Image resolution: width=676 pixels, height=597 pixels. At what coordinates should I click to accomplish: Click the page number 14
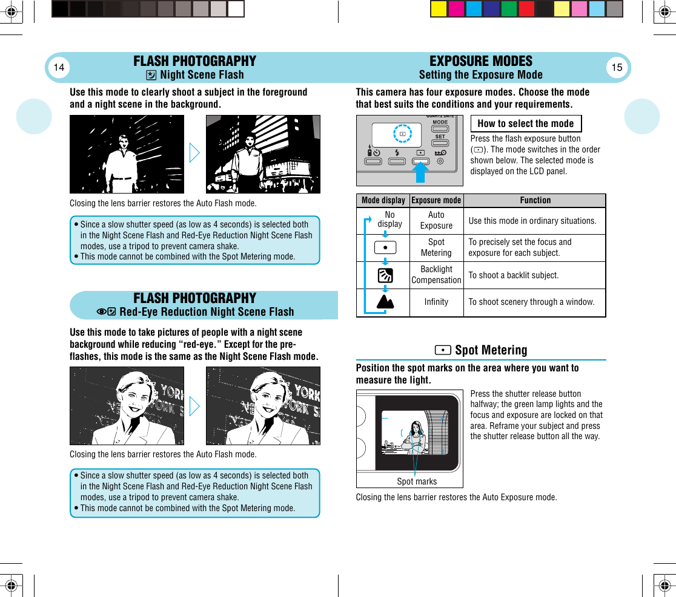[59, 67]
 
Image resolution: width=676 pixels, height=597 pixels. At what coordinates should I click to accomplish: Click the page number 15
[617, 67]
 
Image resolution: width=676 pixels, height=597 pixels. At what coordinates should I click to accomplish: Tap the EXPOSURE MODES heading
[480, 61]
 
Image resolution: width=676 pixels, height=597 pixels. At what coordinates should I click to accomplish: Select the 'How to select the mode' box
[526, 123]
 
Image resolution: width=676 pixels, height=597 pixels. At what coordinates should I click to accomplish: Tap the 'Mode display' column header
[383, 200]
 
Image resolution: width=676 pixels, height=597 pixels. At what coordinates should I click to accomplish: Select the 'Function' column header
[535, 200]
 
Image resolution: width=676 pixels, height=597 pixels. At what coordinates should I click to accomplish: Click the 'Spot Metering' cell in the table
[436, 247]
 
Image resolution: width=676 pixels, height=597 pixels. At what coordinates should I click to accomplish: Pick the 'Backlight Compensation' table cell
[436, 275]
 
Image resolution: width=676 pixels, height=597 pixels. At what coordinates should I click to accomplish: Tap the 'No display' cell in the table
[389, 220]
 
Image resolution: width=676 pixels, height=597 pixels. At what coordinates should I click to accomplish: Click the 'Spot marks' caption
[417, 481]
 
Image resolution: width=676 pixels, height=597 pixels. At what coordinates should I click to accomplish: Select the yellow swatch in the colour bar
[439, 8]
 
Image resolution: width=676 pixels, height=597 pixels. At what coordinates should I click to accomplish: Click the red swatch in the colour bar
[526, 8]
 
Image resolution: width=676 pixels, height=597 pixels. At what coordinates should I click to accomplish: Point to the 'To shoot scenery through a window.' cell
[531, 302]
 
